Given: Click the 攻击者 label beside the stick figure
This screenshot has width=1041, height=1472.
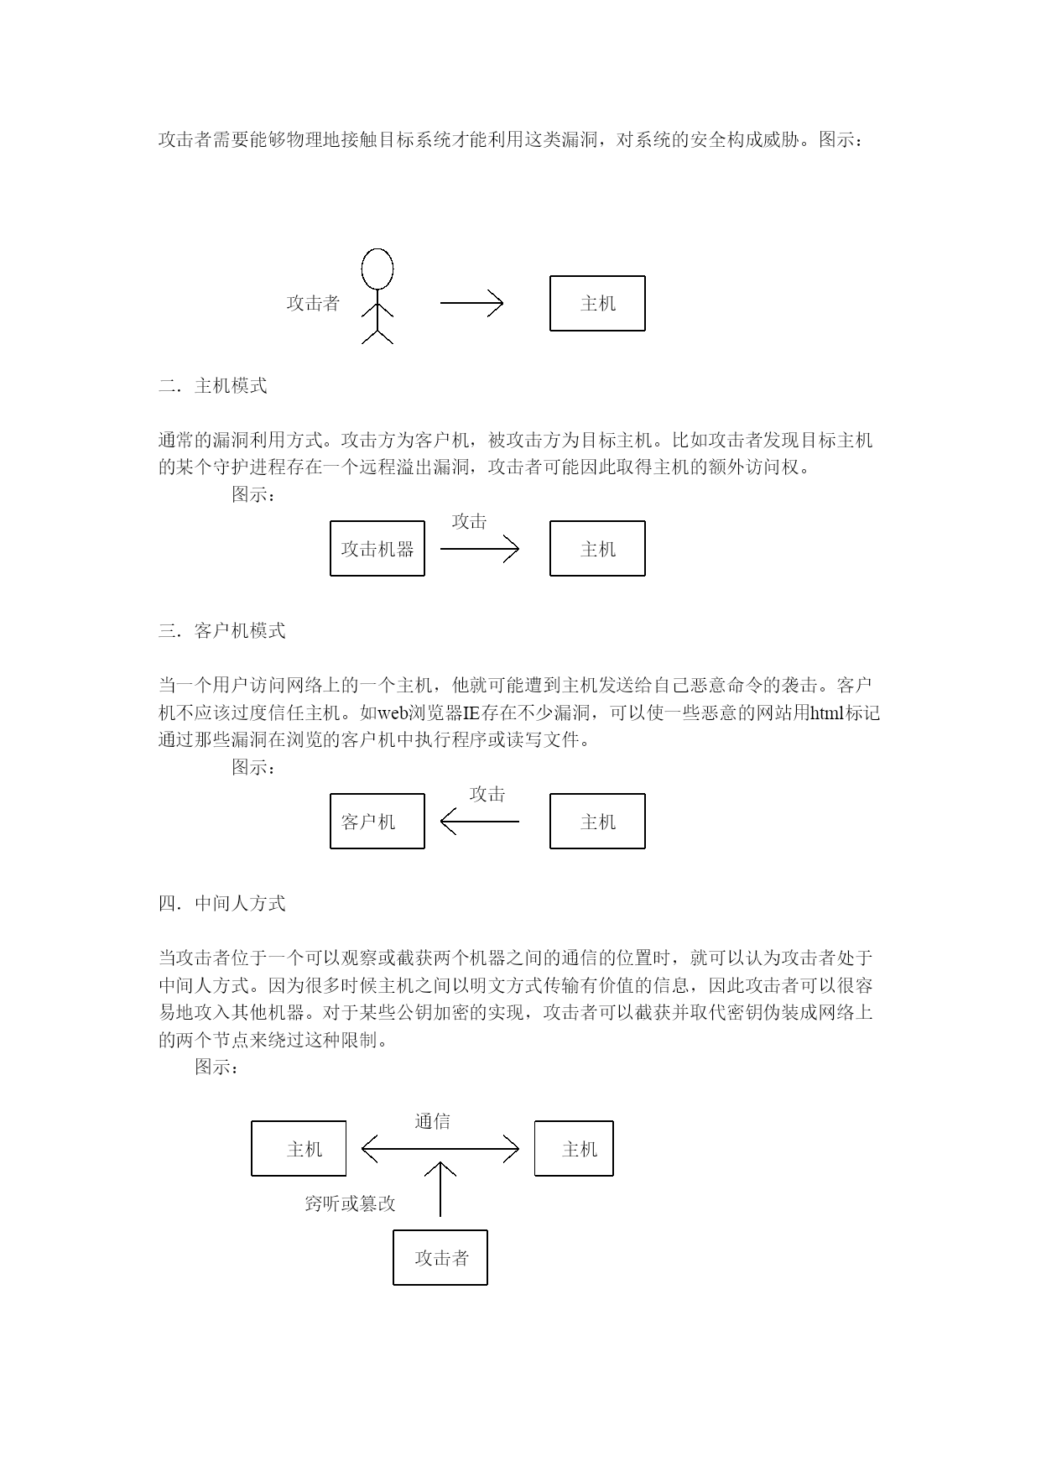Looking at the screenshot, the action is click(313, 304).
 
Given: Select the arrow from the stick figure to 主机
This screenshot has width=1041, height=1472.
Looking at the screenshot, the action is click(471, 303).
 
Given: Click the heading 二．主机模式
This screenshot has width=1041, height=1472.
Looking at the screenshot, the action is click(213, 386).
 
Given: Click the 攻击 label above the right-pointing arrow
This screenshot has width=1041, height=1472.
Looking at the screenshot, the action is click(469, 522).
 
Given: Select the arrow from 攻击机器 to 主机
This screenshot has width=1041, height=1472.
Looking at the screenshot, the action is click(480, 549).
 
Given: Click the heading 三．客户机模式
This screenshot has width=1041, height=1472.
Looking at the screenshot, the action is click(222, 631).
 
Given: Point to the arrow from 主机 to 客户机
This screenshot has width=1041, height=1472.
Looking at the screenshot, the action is click(480, 822).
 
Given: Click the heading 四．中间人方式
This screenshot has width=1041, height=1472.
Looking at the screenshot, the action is click(222, 904).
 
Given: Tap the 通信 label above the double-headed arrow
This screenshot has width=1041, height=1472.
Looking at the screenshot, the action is click(433, 1122).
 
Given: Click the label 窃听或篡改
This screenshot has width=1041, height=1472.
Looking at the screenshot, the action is click(350, 1204).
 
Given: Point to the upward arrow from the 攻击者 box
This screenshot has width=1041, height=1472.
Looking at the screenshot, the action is click(440, 1189).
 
